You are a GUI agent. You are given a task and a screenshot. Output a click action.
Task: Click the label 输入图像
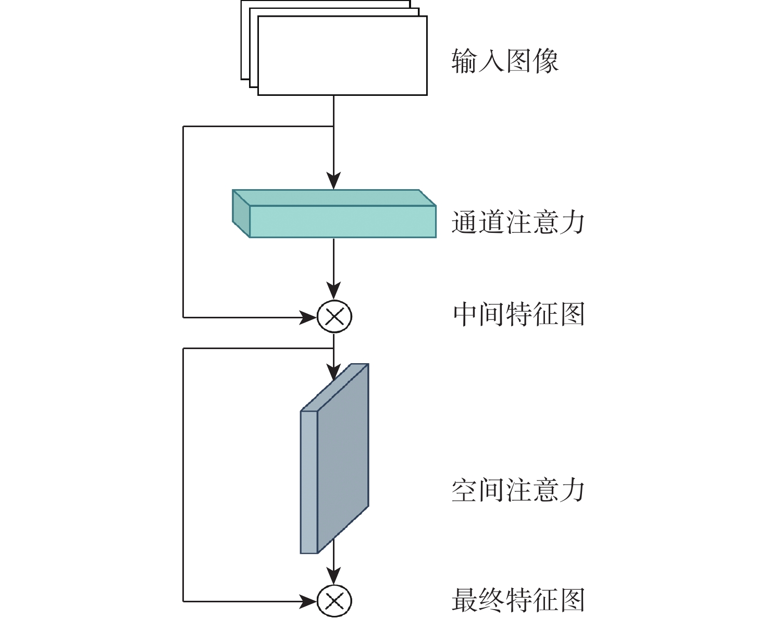tap(504, 61)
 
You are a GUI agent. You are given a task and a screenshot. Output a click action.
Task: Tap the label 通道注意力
tap(518, 222)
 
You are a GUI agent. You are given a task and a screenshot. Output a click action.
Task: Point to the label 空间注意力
tap(518, 490)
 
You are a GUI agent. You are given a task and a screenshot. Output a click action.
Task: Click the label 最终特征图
tap(518, 600)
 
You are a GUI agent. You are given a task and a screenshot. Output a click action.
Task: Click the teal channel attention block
tap(342, 221)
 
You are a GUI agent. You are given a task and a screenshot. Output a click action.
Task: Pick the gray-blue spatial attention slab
tap(342, 459)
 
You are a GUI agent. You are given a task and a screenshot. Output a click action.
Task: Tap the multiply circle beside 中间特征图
tap(334, 316)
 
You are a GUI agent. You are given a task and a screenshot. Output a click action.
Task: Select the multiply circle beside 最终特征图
tap(334, 601)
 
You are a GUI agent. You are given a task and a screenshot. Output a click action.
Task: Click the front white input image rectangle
tap(342, 56)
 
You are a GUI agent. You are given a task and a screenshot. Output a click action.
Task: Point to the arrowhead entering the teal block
tap(334, 181)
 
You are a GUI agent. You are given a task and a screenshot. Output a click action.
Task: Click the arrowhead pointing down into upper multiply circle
tap(334, 291)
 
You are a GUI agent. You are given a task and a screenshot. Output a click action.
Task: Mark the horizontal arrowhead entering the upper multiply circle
tap(308, 316)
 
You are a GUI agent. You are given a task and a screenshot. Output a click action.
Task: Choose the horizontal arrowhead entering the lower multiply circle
tap(308, 601)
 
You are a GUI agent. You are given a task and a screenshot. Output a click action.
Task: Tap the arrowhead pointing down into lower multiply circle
tap(334, 576)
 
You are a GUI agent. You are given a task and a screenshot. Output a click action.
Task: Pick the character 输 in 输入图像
tap(464, 61)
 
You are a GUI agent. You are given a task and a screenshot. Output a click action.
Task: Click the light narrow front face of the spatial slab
tap(309, 482)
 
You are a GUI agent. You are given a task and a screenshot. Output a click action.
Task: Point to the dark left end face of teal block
tap(241, 214)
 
